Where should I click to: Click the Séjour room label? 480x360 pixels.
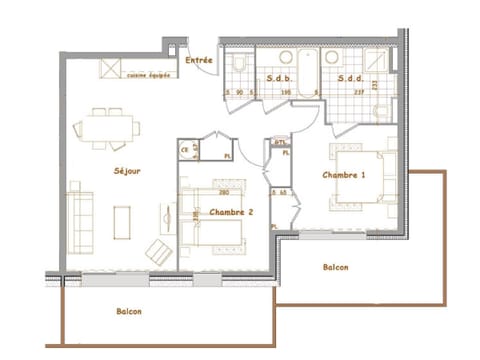pyautogui.click(x=127, y=172)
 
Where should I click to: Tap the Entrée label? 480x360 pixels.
pyautogui.click(x=199, y=60)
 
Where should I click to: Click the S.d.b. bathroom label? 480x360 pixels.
pyautogui.click(x=278, y=78)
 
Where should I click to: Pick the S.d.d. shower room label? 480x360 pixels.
pyautogui.click(x=350, y=78)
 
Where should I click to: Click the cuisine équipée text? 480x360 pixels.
pyautogui.click(x=146, y=74)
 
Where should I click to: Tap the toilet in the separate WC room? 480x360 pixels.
pyautogui.click(x=240, y=64)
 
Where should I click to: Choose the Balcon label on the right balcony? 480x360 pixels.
pyautogui.click(x=335, y=268)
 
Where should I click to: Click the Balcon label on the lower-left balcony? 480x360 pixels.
pyautogui.click(x=128, y=311)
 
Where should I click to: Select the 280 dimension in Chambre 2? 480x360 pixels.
pyautogui.click(x=225, y=192)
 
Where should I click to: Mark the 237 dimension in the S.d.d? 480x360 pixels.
pyautogui.click(x=359, y=93)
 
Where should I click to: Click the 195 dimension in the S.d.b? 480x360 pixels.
pyautogui.click(x=285, y=93)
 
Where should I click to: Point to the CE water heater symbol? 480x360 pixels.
pyautogui.click(x=186, y=151)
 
